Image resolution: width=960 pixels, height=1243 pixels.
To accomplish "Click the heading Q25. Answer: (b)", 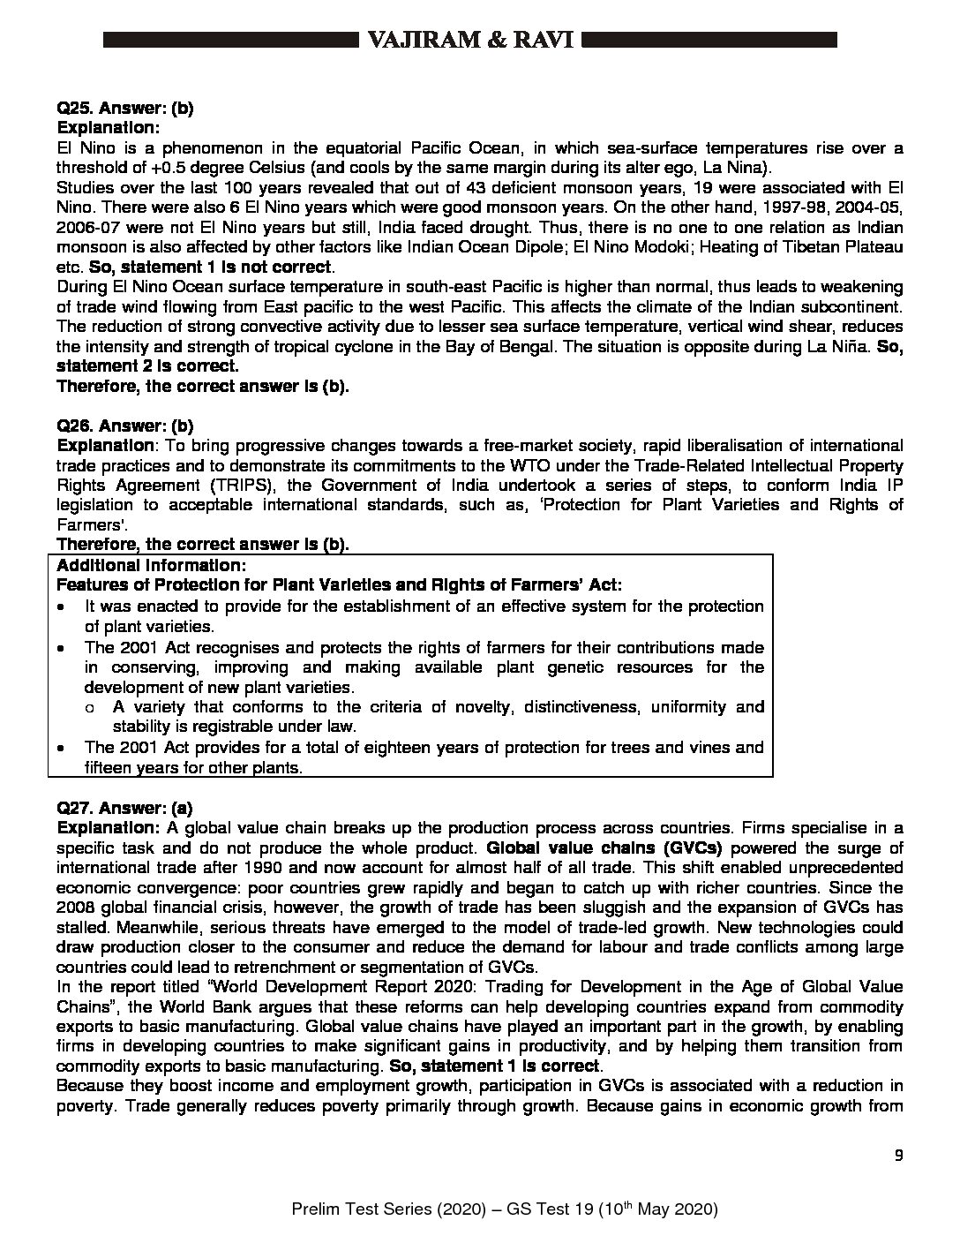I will (125, 109).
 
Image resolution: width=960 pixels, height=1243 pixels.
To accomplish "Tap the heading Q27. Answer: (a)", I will (124, 807).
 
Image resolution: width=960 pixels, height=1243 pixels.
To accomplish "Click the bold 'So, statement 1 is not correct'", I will (208, 267).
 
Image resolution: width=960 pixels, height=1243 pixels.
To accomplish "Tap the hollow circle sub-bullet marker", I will (90, 707).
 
